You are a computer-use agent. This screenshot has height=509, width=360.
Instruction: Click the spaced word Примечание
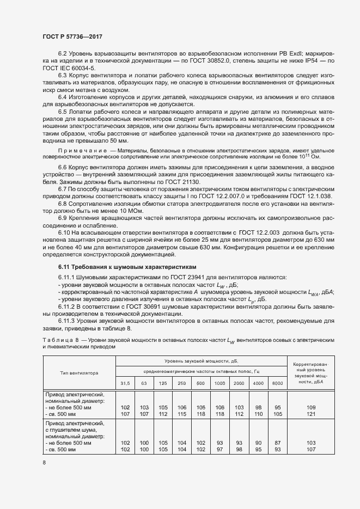tap(82, 150)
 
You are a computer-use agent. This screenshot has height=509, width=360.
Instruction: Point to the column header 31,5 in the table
tap(125, 384)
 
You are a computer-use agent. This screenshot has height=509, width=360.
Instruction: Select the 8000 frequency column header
tap(278, 384)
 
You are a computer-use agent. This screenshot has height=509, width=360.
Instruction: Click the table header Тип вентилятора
tap(79, 373)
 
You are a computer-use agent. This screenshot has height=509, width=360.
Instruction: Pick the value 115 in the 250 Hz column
tap(181, 413)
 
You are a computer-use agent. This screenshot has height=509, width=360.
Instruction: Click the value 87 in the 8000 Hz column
tap(278, 443)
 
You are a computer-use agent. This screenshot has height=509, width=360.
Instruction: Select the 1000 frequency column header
tap(219, 384)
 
